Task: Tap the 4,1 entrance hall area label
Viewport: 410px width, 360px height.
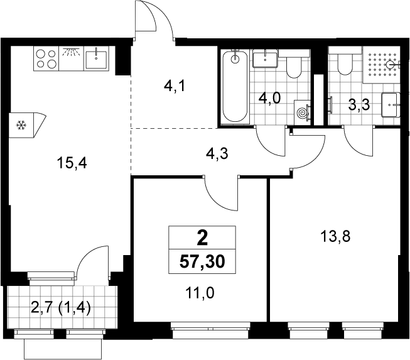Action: pyautogui.click(x=175, y=85)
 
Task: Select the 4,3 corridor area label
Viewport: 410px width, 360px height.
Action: pyautogui.click(x=217, y=153)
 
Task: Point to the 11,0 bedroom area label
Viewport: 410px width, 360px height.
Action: pyautogui.click(x=200, y=293)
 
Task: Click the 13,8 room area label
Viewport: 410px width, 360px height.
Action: pyautogui.click(x=335, y=237)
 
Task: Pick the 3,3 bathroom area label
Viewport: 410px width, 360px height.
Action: pyautogui.click(x=359, y=105)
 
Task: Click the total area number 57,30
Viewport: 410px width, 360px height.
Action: pyautogui.click(x=202, y=261)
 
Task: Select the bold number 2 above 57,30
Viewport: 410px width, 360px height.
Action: pyautogui.click(x=202, y=238)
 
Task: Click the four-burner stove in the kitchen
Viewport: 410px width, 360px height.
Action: pyautogui.click(x=46, y=58)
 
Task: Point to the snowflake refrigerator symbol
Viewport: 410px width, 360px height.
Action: pyautogui.click(x=21, y=125)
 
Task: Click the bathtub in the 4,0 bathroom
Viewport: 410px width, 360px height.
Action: pyautogui.click(x=235, y=86)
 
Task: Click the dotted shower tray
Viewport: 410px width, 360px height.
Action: pyautogui.click(x=382, y=65)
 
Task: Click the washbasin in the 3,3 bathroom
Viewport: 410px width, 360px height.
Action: pyautogui.click(x=391, y=105)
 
